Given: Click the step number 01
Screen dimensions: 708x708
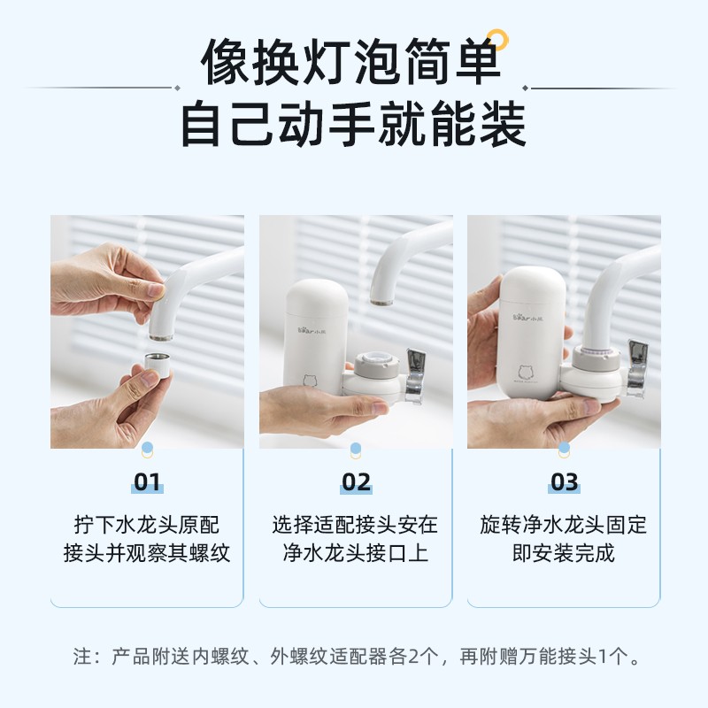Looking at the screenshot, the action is pos(147,481).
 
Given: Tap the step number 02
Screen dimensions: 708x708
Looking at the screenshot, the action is pos(356,481).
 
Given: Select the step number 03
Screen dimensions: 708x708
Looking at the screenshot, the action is pos(564,481).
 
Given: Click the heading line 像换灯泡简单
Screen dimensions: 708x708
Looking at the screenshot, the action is pos(351,62).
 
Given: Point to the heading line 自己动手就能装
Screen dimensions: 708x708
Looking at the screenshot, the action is pos(353,124).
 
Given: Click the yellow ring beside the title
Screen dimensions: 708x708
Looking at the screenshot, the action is pos(497,38).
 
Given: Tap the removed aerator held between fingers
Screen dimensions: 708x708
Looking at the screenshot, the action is pos(158,366).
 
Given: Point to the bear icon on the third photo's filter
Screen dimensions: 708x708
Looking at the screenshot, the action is pos(527,373).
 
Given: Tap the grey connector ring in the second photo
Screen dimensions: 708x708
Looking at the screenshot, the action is pos(377,365).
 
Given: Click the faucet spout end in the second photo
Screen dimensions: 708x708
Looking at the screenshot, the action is pos(381,301).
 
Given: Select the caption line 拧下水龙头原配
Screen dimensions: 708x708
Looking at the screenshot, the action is pos(147,525).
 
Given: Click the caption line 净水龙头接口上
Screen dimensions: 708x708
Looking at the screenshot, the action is pos(356,553).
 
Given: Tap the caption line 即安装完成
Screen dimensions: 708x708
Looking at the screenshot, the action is pos(564,553).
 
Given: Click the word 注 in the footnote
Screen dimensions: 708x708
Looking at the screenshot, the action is pos(82,656).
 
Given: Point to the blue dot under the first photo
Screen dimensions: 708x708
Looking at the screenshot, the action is pos(147,448).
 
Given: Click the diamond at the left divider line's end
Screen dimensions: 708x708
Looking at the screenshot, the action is pos(178,88).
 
